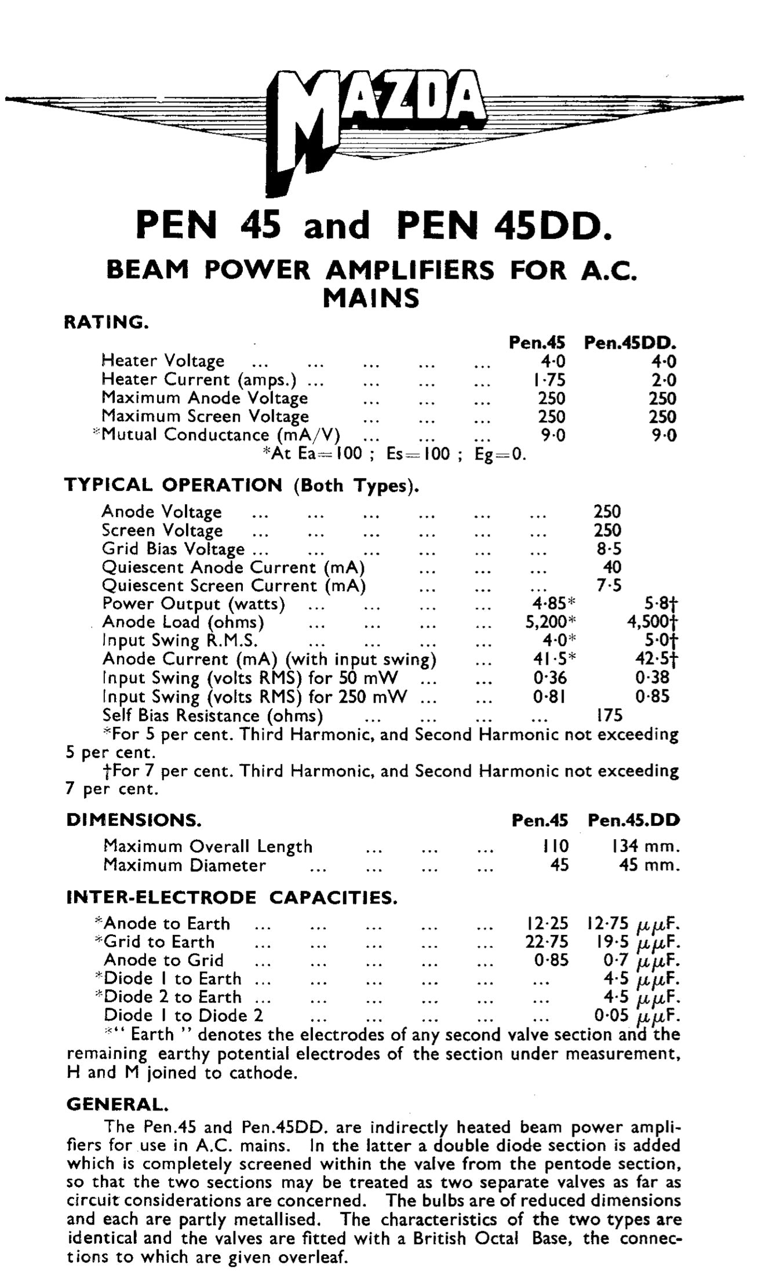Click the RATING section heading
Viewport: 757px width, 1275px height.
[x=105, y=322]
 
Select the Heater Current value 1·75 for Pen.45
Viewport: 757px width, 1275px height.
[x=549, y=380]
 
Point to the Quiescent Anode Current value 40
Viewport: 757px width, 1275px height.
[x=612, y=567]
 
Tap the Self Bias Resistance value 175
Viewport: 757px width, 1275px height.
[x=609, y=715]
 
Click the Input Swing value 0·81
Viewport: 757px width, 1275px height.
[x=549, y=696]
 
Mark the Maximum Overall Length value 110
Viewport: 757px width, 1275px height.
[x=554, y=847]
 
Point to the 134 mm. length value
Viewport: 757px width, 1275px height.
[x=643, y=847]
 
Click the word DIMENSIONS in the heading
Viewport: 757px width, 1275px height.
[x=134, y=820]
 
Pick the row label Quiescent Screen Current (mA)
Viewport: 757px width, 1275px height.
[x=234, y=586]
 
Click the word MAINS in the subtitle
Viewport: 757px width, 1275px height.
[x=371, y=298]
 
